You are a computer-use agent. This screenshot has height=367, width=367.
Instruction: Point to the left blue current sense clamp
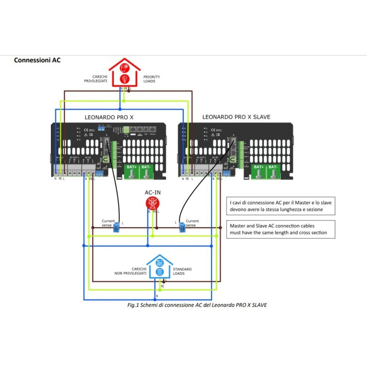coord(117,227)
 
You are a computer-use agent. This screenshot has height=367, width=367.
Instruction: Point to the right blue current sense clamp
coord(183,227)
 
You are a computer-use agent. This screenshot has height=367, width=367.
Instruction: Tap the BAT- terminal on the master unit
coord(146,172)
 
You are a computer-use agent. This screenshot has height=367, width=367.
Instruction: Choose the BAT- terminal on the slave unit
coord(273,172)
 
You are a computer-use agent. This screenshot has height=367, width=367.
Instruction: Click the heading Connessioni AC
coord(37,60)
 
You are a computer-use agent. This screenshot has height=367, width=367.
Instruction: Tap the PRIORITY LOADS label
coord(152,79)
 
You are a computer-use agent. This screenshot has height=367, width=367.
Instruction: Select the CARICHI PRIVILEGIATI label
coord(95,79)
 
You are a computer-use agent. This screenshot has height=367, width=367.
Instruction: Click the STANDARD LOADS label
coord(182,271)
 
